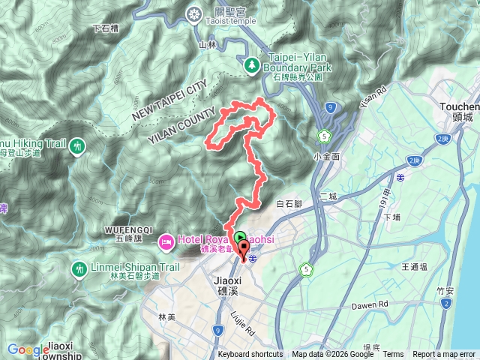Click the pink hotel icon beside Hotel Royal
coord(165,241)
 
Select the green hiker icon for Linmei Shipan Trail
coord(79,268)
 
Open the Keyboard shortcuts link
coord(250,355)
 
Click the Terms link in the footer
coord(393,355)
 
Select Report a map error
coord(444,355)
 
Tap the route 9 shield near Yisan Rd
coord(331,109)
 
